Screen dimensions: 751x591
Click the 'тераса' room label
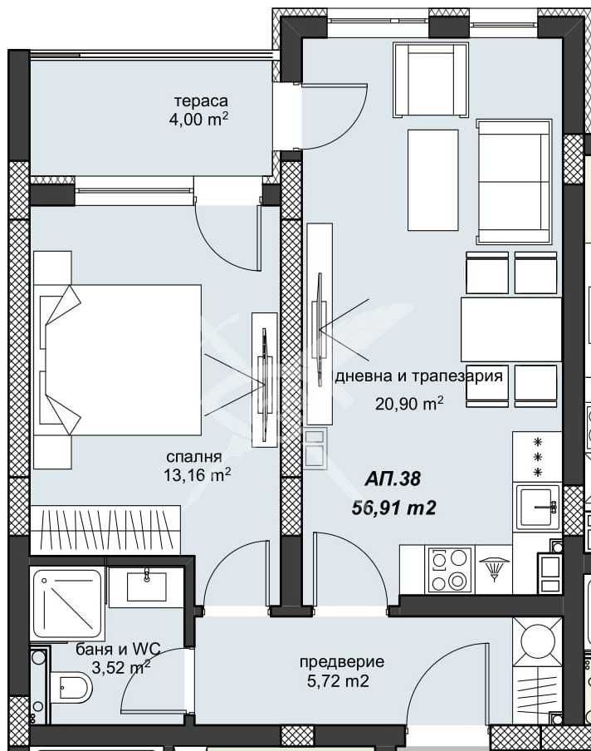(x=200, y=101)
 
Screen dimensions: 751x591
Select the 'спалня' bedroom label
(x=194, y=456)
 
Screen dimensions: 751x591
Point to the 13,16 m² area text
(x=197, y=475)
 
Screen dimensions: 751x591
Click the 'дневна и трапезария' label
(x=418, y=376)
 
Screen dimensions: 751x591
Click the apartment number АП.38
(x=393, y=479)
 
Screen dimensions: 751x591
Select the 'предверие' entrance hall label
(x=341, y=662)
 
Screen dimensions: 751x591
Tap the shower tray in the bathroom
(x=67, y=602)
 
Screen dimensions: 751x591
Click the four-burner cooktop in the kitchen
(x=450, y=569)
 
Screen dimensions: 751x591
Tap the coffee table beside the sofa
(x=432, y=179)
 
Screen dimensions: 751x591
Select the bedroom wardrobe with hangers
(x=104, y=529)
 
